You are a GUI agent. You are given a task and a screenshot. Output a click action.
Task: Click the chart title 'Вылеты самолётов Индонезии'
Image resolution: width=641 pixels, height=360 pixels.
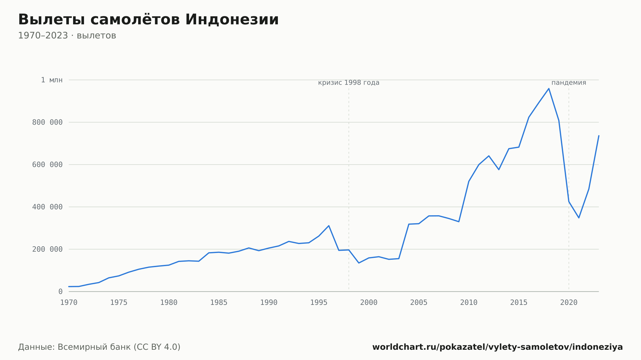pos(148,20)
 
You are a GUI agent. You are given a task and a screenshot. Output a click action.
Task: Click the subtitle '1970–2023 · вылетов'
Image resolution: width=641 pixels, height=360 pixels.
pos(67,36)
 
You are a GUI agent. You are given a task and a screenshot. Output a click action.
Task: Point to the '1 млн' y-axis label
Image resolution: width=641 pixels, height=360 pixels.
pos(52,80)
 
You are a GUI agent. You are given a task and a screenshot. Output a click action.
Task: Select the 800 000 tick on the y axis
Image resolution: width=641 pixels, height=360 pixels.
pos(47,122)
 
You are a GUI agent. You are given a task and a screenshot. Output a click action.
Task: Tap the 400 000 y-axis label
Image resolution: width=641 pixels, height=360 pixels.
pos(47,207)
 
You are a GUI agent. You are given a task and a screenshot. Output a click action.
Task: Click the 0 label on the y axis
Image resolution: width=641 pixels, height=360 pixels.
pos(61,291)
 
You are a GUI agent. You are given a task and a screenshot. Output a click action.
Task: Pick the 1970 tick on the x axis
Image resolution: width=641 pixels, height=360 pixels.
pos(69,303)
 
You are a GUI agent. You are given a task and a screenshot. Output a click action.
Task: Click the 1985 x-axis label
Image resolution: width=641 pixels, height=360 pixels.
pos(219,303)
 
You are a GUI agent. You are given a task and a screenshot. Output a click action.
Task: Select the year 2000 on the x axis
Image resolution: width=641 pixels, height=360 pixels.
pos(369,303)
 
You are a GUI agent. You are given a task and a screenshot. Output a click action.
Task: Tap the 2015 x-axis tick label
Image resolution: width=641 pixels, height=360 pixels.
pos(519,303)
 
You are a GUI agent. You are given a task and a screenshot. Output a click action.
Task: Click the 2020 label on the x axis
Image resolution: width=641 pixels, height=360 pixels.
pos(569,303)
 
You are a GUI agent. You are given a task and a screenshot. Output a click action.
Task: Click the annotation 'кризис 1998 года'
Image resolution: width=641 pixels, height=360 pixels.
pos(349,83)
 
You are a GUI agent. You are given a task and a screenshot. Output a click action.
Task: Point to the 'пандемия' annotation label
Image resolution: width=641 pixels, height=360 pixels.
pos(569,83)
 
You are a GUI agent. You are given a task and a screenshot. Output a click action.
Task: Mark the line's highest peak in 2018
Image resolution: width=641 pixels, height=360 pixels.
pos(549,88)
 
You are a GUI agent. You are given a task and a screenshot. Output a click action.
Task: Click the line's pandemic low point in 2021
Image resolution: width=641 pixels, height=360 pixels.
pos(579,218)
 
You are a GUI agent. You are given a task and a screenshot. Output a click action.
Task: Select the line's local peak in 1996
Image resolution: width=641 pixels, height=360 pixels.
pos(329,226)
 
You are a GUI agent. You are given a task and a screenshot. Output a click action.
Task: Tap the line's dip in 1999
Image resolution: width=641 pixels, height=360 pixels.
pos(359,263)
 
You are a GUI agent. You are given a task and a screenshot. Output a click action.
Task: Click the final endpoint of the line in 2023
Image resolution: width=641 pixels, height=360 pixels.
pos(599,136)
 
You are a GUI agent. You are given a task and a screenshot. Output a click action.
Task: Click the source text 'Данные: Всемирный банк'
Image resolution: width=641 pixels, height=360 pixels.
pos(74,347)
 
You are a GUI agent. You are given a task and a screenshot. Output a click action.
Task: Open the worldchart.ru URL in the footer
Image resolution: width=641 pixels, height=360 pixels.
pos(497,347)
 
